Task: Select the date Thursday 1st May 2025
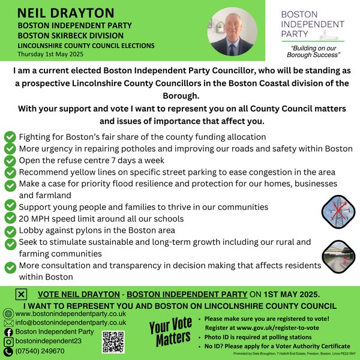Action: pos(53,53)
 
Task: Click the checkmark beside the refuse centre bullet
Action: pos(10,160)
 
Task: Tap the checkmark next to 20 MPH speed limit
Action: pos(10,218)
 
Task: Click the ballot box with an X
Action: pos(20,294)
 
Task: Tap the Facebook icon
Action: pos(8,332)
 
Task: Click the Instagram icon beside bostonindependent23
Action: pos(8,341)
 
